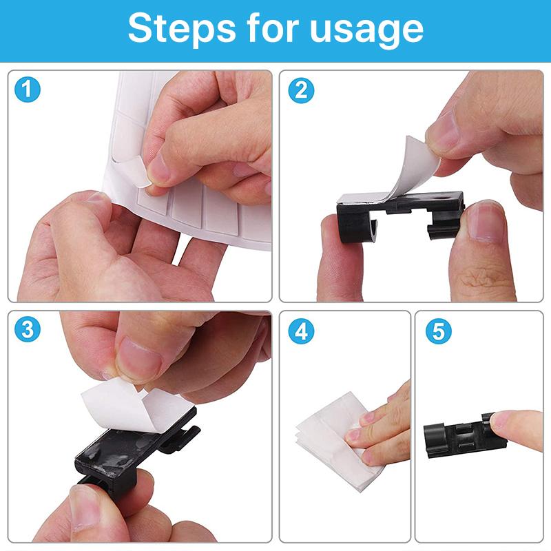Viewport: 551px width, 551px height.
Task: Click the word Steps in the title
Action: point(182,28)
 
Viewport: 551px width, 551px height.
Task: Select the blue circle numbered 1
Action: point(28,90)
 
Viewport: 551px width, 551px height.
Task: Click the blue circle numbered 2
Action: point(301,91)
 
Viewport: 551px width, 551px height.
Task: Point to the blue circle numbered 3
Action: point(28,329)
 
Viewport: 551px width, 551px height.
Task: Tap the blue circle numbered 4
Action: point(301,331)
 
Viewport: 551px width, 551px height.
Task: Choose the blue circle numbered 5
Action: point(439,331)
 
